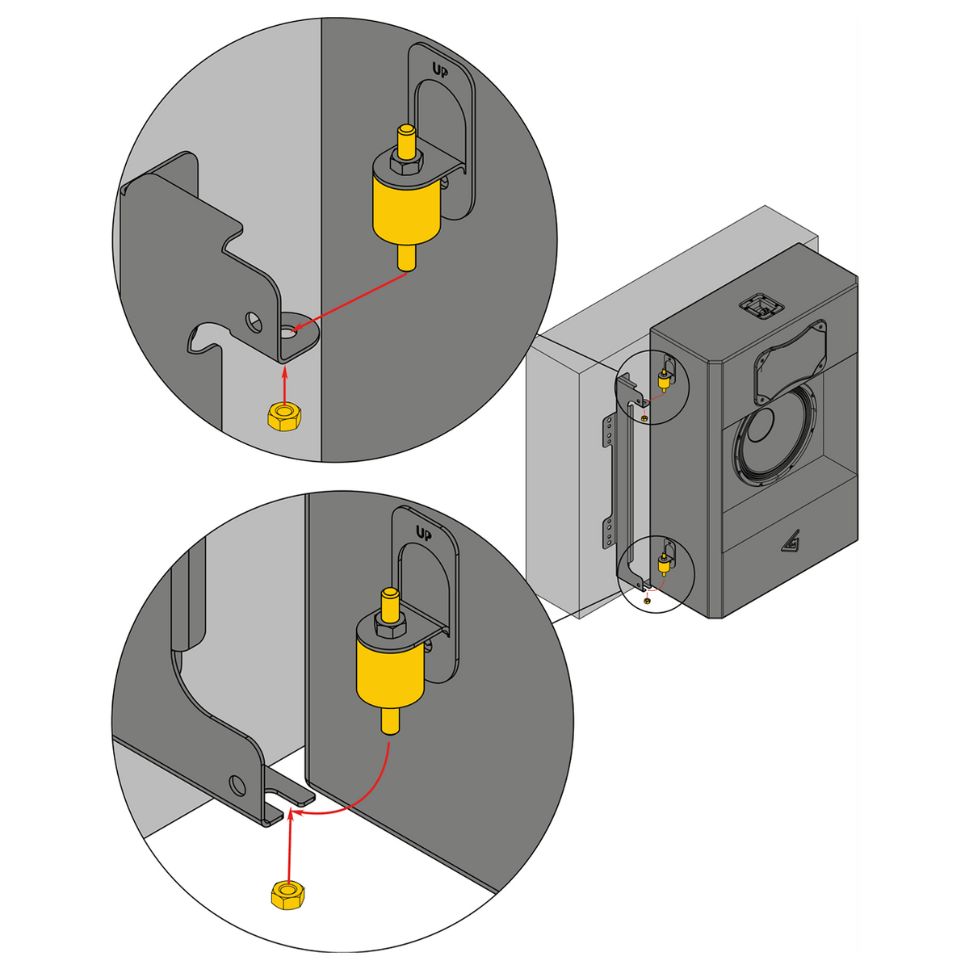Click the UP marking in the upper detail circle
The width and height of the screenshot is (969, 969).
439,69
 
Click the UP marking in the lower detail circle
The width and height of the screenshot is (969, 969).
424,533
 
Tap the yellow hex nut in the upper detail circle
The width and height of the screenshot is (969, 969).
284,416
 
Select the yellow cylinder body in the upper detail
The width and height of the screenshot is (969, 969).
406,212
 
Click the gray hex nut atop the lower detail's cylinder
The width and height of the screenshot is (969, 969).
390,626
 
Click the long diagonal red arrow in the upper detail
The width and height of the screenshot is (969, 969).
349,302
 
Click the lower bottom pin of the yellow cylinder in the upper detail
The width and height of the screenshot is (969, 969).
406,257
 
